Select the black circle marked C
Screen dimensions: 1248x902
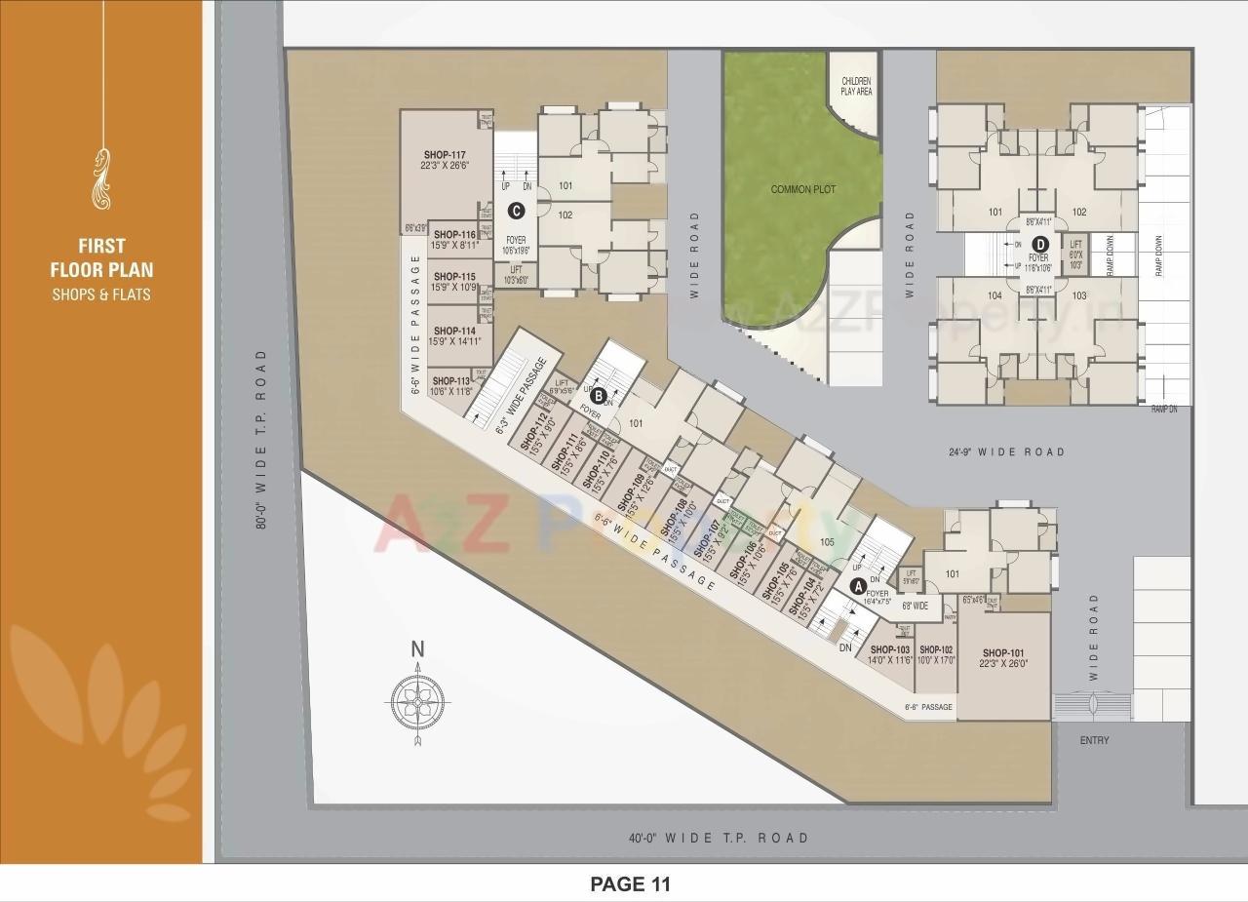tap(517, 210)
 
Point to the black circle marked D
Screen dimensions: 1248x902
tap(1040, 245)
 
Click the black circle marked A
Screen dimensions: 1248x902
tap(858, 586)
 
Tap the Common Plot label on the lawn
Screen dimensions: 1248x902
tap(803, 189)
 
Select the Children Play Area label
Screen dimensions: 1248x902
tap(856, 87)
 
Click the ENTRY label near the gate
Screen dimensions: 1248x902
tap(1094, 740)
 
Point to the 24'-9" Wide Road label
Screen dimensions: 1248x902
tap(1007, 451)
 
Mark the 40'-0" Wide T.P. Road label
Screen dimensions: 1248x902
tap(719, 838)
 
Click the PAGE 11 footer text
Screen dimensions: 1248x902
tap(631, 884)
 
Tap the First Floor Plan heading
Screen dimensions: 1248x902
tap(102, 257)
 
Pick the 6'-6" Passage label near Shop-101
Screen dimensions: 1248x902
tap(928, 707)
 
